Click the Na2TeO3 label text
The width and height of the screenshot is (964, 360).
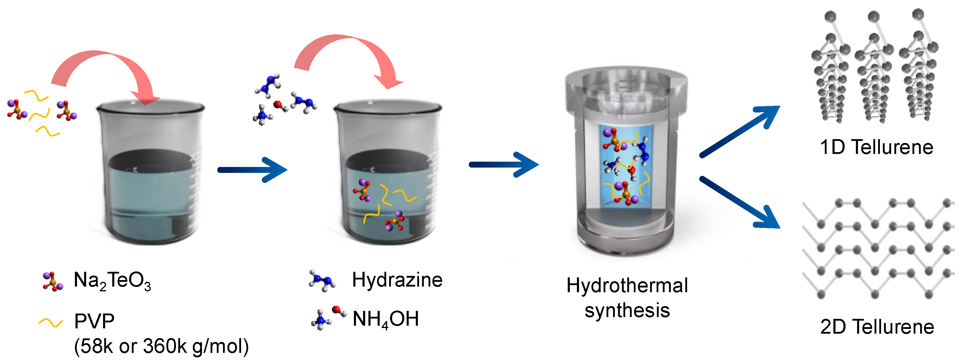coord(112,281)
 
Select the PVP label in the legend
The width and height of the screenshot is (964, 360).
coord(94,321)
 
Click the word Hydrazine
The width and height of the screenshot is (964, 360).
coord(397,280)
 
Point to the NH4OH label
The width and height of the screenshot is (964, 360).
coord(385,319)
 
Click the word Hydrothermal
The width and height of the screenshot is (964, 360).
coord(627,285)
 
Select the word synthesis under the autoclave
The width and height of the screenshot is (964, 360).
coord(627,311)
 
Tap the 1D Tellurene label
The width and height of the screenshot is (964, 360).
coord(876,147)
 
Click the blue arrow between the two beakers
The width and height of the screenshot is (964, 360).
coord(253,170)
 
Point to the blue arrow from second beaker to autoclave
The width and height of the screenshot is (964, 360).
coord(504,165)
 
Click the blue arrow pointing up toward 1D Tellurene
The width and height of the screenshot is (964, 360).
coord(739,131)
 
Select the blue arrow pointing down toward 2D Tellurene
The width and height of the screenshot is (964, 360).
coord(739,202)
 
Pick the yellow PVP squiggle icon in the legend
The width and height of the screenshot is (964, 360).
coord(51,323)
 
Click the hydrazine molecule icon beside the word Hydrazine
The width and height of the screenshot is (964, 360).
coord(322,281)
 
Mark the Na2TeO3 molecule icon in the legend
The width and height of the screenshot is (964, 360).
coord(52,282)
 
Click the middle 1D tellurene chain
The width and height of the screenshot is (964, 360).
coord(874,71)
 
